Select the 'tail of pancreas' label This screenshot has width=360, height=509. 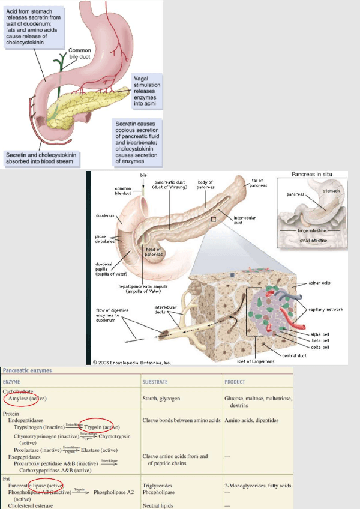pyautogui.click(x=259, y=182)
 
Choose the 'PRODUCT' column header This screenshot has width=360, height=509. pyautogui.click(x=235, y=382)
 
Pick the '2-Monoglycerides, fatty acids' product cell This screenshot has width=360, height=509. pyautogui.click(x=258, y=485)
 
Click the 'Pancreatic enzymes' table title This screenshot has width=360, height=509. pyautogui.click(x=27, y=371)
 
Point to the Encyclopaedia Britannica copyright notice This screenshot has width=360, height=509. pyautogui.click(x=132, y=362)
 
